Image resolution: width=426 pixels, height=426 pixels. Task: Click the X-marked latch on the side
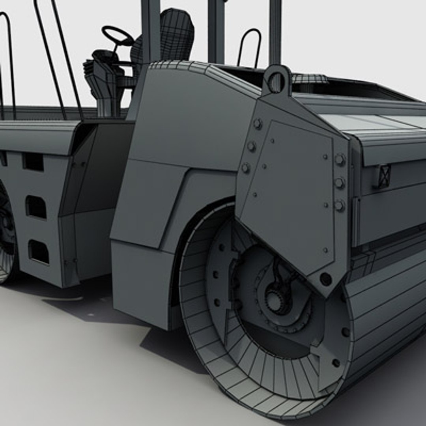point(384,176)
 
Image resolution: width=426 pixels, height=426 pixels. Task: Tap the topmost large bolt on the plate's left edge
point(258,124)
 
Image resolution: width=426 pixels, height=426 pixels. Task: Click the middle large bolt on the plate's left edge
point(251,146)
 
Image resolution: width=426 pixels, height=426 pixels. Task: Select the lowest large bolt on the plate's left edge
point(246,168)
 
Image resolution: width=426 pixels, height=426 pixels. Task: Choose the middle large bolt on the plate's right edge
point(340,183)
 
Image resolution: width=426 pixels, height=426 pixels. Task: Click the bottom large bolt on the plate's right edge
point(339,205)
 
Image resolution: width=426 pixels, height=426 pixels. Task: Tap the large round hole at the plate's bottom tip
point(325,279)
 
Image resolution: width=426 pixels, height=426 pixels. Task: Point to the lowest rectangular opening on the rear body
point(39,252)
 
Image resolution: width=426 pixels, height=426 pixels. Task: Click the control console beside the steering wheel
point(101,79)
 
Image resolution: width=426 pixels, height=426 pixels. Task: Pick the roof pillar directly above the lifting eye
point(275,32)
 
